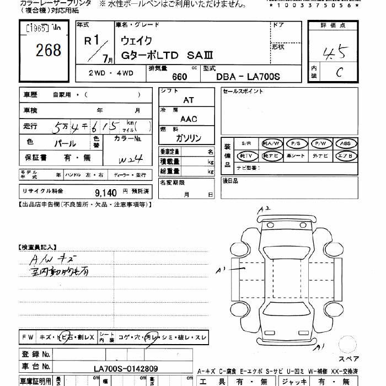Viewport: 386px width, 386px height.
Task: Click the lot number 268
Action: (49, 51)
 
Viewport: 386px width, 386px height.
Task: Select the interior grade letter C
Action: (340, 71)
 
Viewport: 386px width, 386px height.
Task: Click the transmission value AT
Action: (189, 101)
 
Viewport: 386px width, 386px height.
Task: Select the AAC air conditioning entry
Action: (189, 119)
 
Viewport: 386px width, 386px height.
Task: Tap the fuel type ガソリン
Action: (189, 138)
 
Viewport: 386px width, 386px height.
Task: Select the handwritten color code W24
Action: (131, 159)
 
